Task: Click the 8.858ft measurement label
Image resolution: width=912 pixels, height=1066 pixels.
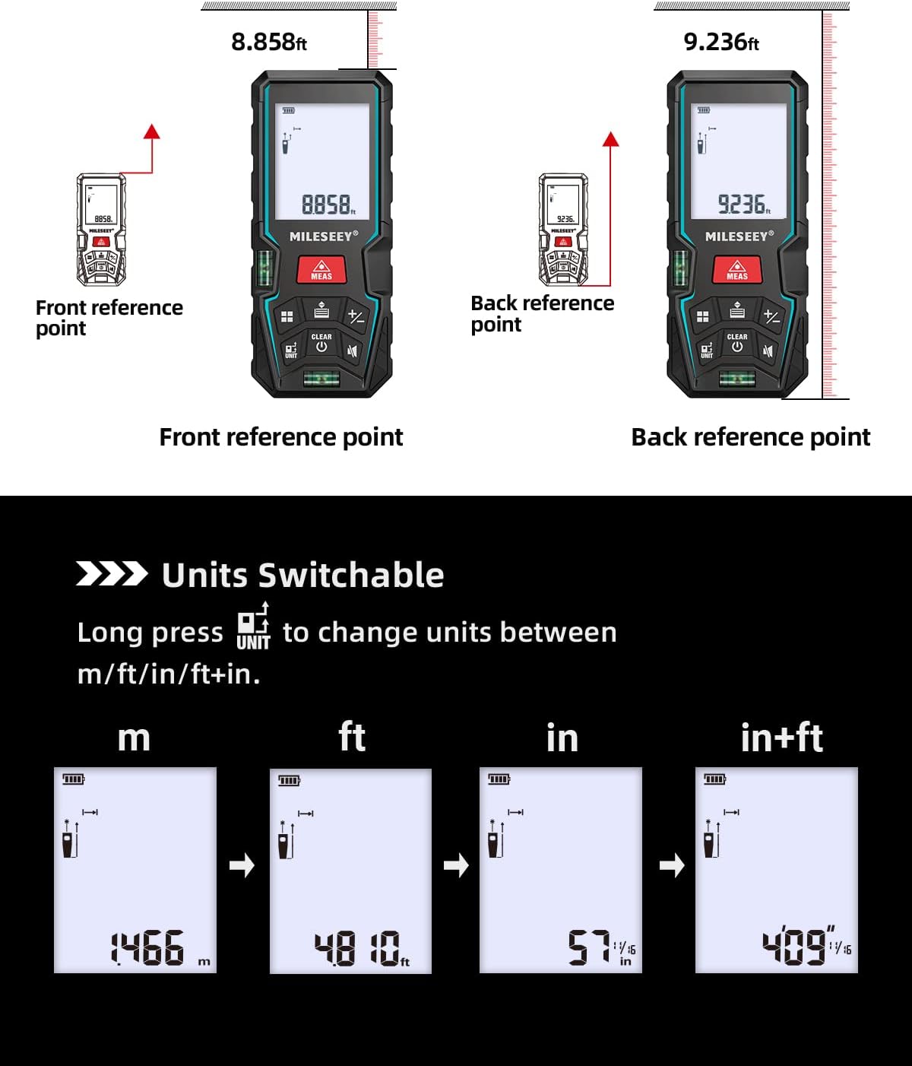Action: tap(269, 42)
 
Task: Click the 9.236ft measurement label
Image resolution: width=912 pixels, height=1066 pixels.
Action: tap(720, 42)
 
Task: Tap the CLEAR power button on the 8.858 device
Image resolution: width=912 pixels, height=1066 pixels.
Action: tap(321, 343)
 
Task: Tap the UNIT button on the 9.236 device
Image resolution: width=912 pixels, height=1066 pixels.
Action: tap(707, 349)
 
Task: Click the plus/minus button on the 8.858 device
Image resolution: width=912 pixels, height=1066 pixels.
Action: tap(356, 316)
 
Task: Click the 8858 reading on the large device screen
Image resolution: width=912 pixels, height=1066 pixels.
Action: tap(328, 205)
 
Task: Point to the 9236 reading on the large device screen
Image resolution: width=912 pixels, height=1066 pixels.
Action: tap(743, 204)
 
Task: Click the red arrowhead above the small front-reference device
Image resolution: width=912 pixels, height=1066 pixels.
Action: tap(152, 132)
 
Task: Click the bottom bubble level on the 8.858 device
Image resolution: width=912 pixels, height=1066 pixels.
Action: tap(321, 378)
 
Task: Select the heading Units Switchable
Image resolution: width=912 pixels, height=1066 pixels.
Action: tap(302, 575)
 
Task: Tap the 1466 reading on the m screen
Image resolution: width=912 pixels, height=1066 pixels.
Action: tap(148, 948)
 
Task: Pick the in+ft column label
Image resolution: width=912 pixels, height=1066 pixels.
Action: tap(781, 738)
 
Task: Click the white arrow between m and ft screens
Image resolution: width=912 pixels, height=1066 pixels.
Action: tap(242, 865)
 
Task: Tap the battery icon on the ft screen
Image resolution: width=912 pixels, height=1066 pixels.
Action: tap(289, 780)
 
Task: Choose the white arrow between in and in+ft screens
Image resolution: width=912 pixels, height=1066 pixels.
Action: tap(672, 865)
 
